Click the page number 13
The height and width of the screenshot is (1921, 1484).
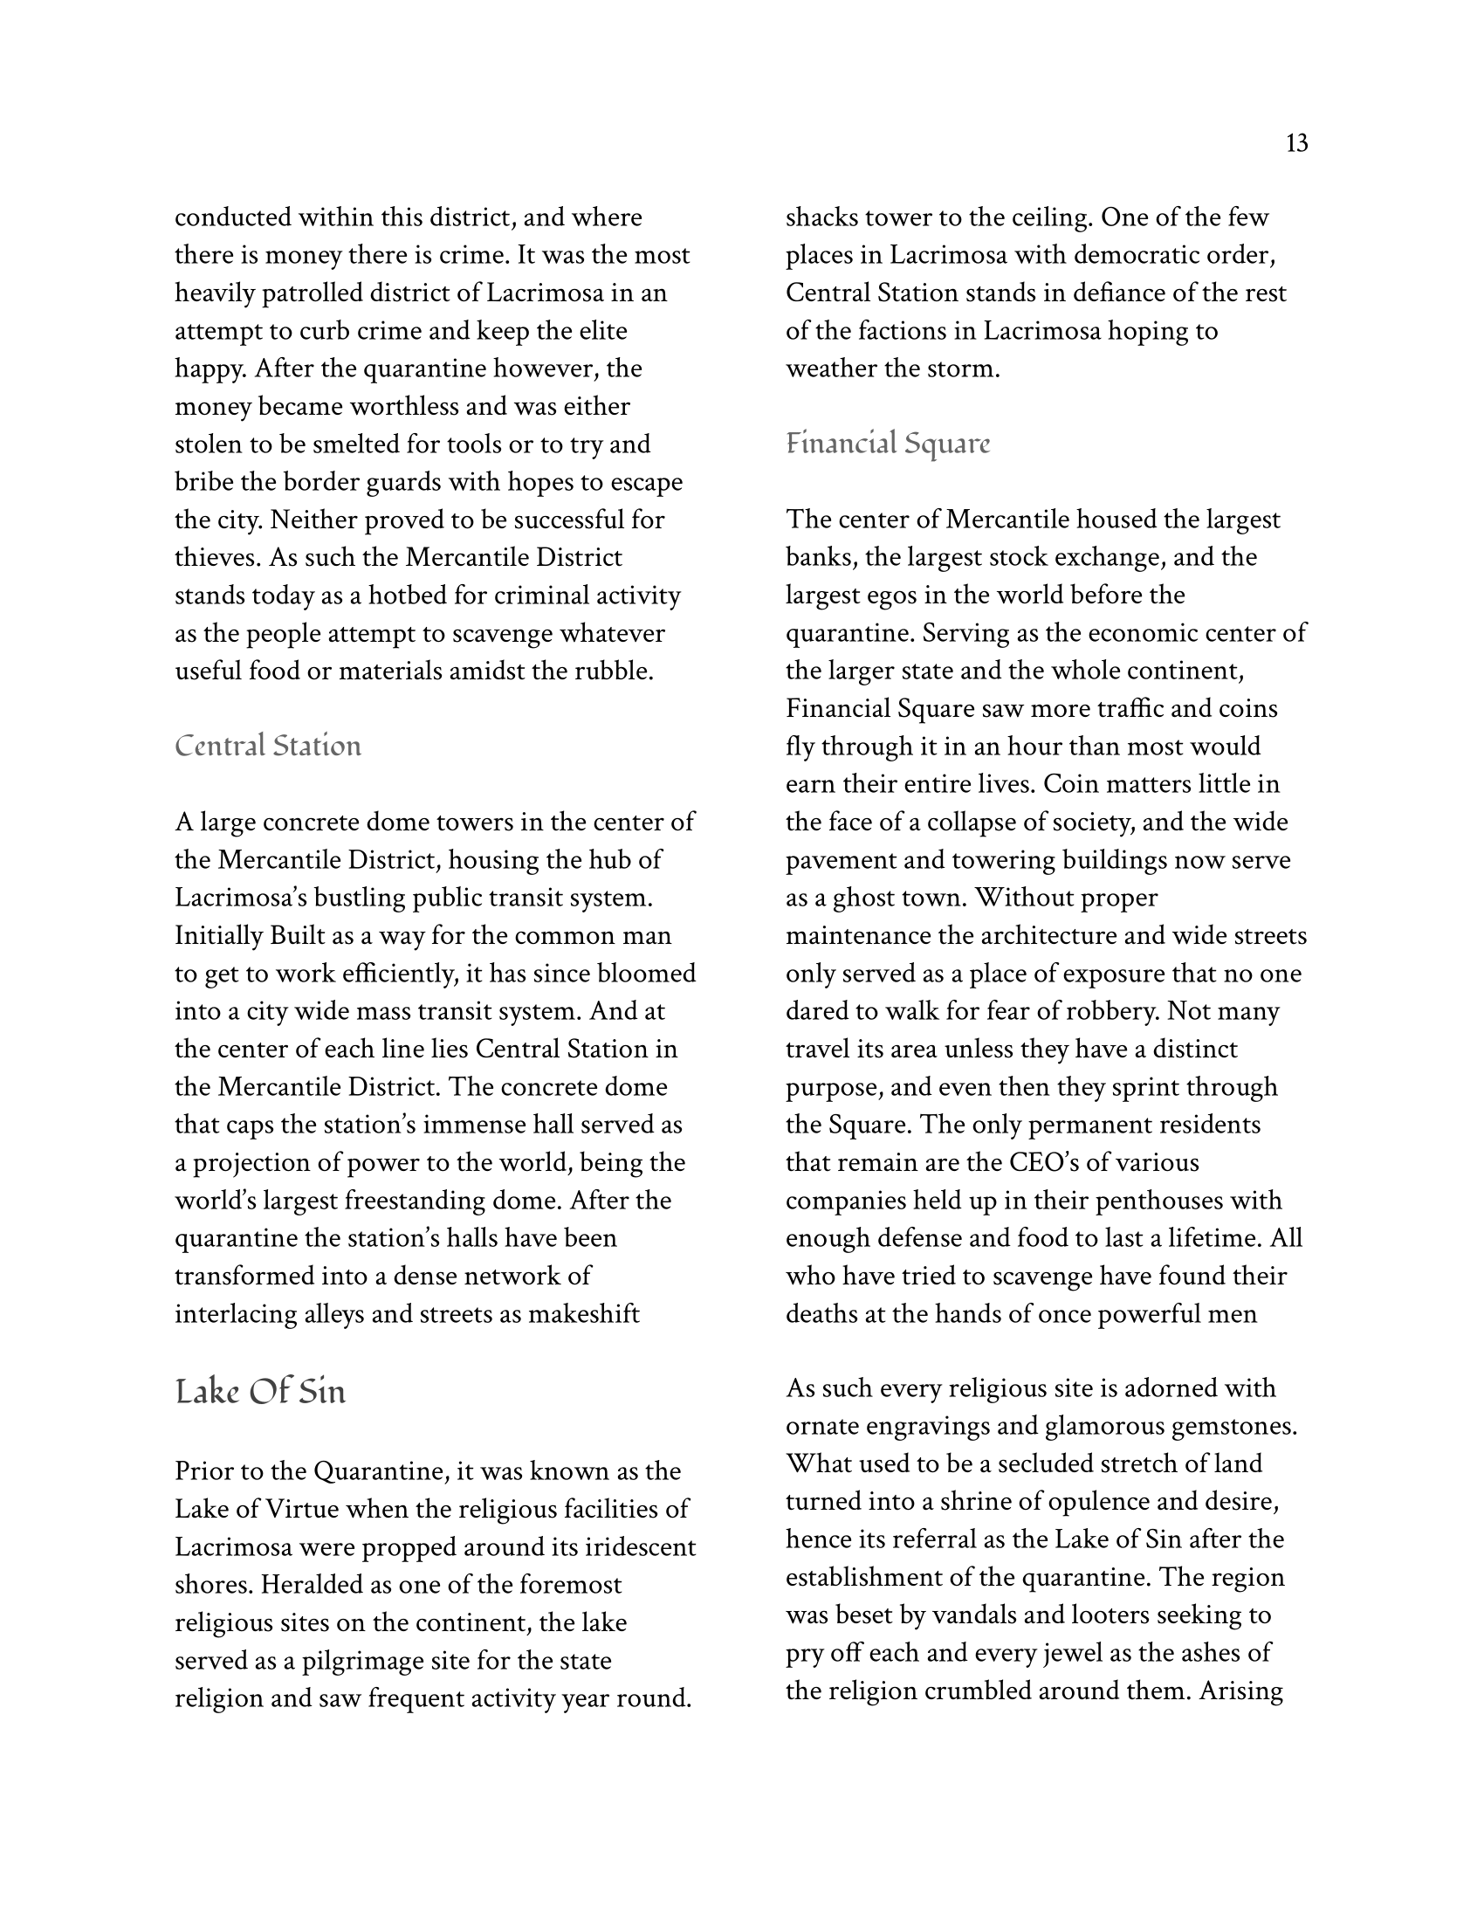(1295, 143)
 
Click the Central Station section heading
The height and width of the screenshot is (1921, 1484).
(268, 746)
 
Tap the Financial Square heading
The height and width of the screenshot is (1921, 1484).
(887, 444)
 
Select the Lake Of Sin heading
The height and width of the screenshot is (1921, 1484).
(260, 1393)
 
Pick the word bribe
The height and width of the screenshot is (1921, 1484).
(202, 482)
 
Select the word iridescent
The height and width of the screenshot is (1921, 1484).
(633, 1547)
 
